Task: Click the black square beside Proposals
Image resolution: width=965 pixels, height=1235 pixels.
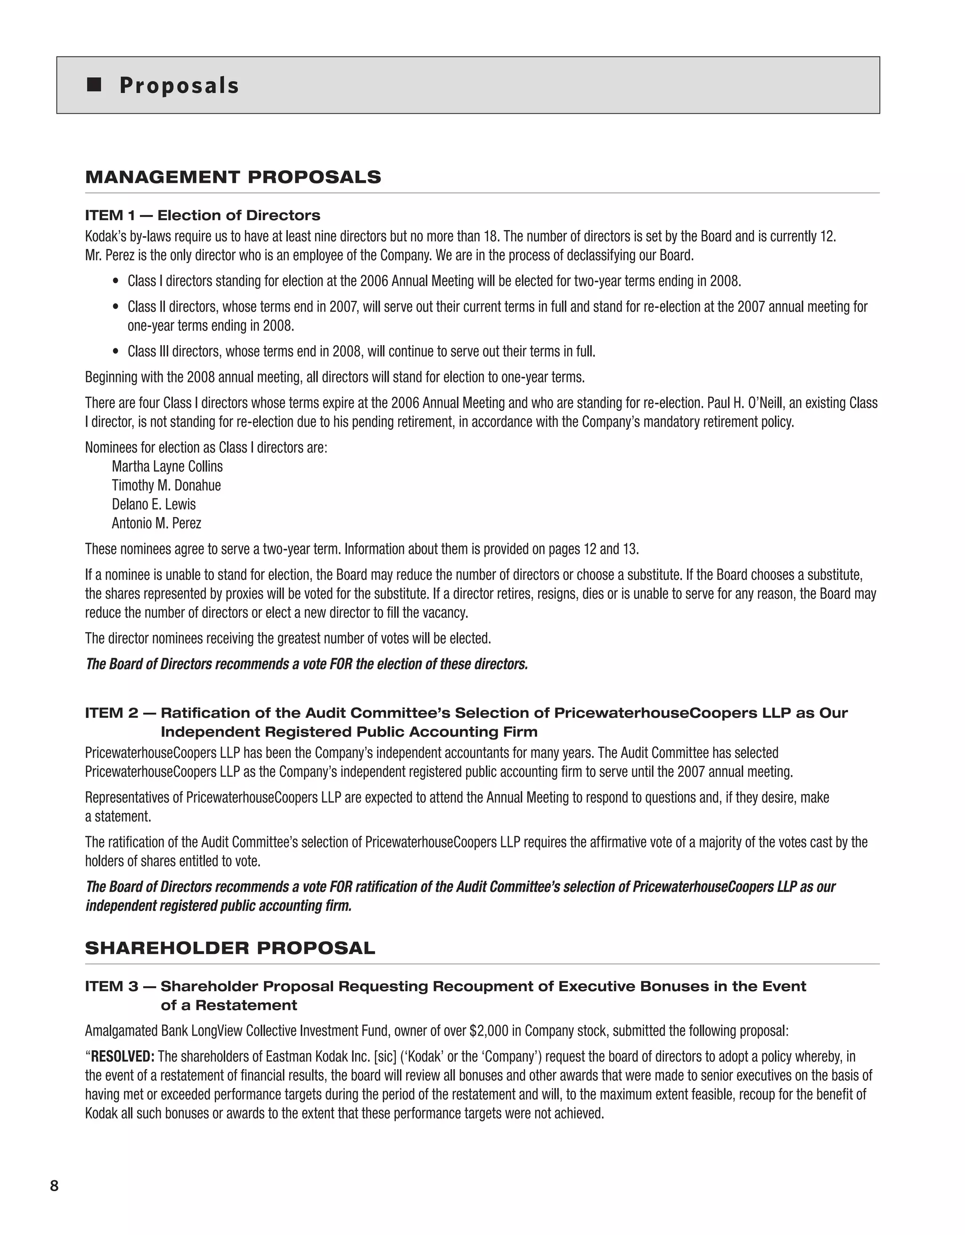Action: pos(94,85)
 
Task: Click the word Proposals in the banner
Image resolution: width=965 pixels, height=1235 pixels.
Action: pos(179,86)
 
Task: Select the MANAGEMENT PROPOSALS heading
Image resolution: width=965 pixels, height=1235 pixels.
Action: pos(233,177)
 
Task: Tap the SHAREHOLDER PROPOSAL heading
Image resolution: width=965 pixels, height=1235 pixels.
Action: pos(230,948)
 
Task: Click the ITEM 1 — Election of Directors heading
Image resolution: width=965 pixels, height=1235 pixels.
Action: pos(203,215)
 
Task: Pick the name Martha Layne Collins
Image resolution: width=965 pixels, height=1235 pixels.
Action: pos(167,467)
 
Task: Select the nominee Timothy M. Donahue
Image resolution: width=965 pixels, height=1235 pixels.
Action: pos(166,485)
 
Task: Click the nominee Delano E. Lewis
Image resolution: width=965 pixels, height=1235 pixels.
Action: pos(154,504)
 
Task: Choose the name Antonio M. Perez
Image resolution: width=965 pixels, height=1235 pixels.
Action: pos(156,523)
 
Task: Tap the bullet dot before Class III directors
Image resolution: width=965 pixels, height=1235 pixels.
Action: pos(116,352)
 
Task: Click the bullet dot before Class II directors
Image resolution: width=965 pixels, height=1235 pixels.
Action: pos(116,307)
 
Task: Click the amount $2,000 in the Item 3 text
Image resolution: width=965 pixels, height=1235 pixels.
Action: pos(489,1031)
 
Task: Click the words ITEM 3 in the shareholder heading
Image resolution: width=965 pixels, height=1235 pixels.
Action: pos(111,987)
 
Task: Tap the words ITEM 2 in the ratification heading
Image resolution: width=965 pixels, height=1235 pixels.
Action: pos(111,713)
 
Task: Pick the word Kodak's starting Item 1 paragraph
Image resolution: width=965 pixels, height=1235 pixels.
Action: pos(102,236)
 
